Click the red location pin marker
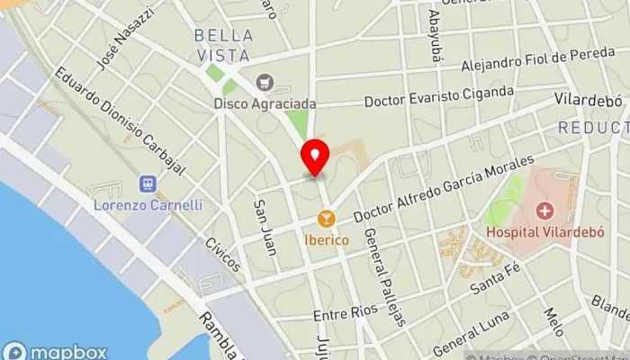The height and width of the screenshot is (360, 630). (315, 157)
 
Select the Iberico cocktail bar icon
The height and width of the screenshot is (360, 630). (326, 218)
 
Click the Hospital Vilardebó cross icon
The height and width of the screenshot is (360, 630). (544, 211)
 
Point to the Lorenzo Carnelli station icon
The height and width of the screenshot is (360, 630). (147, 184)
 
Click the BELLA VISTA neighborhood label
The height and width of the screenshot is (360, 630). (223, 45)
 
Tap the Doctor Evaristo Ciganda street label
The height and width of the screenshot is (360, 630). (439, 96)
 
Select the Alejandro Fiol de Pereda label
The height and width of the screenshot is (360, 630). (538, 60)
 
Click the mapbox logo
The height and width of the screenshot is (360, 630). (54, 351)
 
